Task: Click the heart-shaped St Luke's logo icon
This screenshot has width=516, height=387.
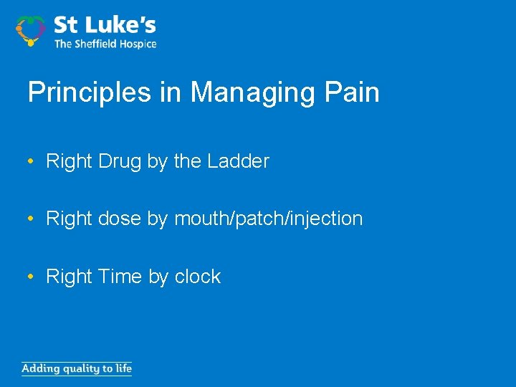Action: (30, 30)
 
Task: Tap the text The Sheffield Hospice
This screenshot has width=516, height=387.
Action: (105, 44)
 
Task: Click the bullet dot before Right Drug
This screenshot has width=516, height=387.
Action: (32, 161)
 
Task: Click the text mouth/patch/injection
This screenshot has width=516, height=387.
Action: (269, 219)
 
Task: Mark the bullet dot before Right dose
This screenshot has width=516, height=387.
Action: (32, 219)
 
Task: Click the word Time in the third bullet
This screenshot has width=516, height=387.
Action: (120, 276)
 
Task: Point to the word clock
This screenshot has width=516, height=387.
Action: (197, 276)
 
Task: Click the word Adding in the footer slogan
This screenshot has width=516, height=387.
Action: (40, 369)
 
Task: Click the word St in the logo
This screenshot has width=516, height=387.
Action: (65, 25)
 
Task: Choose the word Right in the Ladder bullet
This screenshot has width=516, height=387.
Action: (70, 161)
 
